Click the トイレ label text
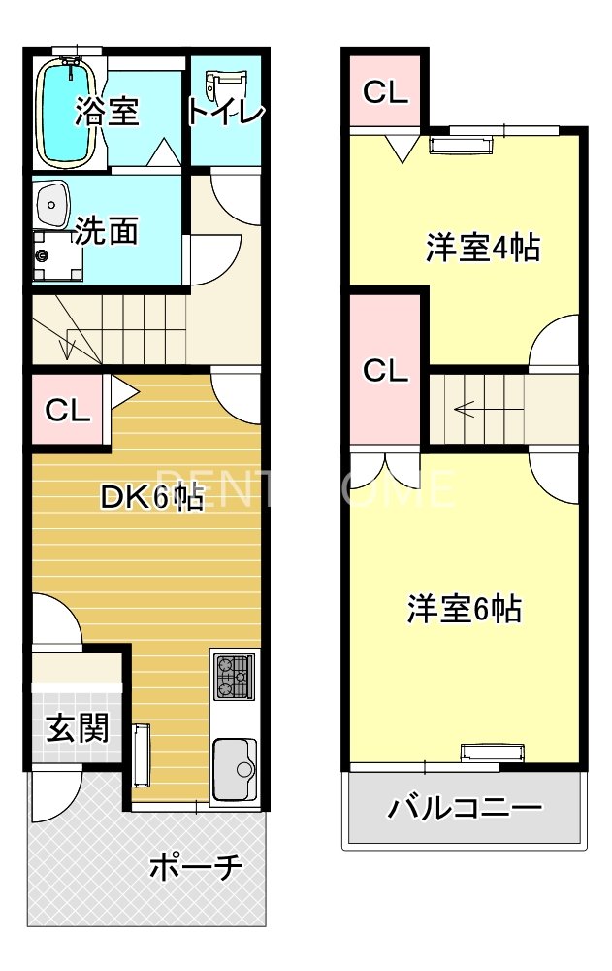pyautogui.click(x=226, y=113)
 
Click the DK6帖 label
pyautogui.click(x=152, y=498)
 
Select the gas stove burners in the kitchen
pyautogui.click(x=235, y=676)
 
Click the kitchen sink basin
pyautogui.click(x=233, y=768)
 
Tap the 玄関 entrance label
pyautogui.click(x=77, y=727)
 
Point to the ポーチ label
pyautogui.click(x=195, y=867)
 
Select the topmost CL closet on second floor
pyautogui.click(x=385, y=92)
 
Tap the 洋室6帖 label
pyautogui.click(x=464, y=610)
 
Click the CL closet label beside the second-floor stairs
pyautogui.click(x=385, y=371)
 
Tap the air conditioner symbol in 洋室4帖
pyautogui.click(x=462, y=145)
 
